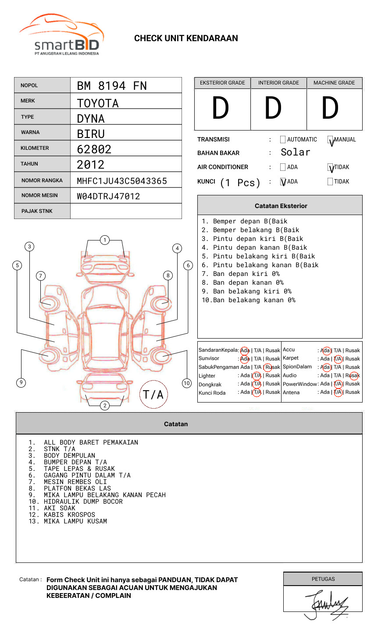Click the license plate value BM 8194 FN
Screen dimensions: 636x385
click(112, 86)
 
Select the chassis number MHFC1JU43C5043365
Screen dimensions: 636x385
click(122, 181)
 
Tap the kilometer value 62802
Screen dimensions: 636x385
click(94, 149)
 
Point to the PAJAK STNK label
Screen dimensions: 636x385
click(37, 211)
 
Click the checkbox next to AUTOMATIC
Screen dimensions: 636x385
click(283, 140)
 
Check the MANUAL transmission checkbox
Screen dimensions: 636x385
click(331, 140)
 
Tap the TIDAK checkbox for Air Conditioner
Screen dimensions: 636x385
click(331, 167)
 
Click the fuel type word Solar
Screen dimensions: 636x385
click(296, 152)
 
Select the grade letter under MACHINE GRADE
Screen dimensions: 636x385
click(330, 108)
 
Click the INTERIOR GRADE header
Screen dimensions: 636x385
click(278, 83)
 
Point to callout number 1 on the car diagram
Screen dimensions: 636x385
click(105, 240)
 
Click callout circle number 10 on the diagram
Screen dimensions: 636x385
click(187, 383)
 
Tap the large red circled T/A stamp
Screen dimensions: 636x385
click(153, 394)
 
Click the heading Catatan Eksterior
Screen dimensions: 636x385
click(281, 206)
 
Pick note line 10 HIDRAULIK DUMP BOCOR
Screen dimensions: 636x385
click(83, 502)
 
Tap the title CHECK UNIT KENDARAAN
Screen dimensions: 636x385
click(186, 39)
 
